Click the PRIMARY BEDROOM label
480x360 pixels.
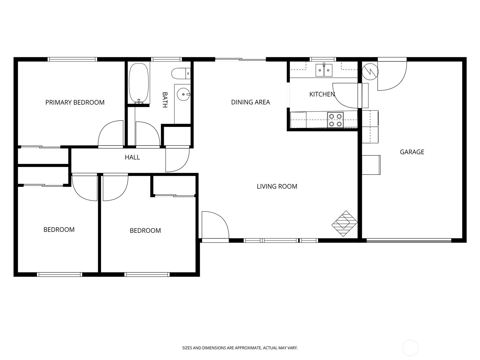(75, 102)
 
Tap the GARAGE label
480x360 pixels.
(412, 152)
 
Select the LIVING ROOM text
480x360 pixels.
(277, 186)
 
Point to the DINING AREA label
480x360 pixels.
(250, 102)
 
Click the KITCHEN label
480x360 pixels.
(322, 94)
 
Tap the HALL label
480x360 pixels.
(132, 157)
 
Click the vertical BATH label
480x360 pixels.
(165, 100)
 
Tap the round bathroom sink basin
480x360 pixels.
(183, 94)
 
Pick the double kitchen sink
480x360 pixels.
(324, 70)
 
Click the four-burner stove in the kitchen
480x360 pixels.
(335, 120)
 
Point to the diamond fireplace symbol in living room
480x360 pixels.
(345, 223)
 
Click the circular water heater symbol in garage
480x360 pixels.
(370, 71)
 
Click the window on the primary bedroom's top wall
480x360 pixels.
(72, 59)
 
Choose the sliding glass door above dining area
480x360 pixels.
(241, 59)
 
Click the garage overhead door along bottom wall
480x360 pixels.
(409, 240)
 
